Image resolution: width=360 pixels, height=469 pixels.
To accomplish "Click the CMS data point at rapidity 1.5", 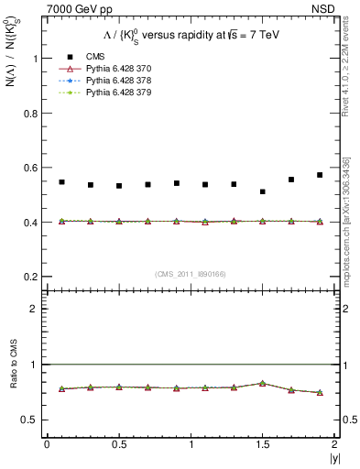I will pyautogui.click(x=263, y=191).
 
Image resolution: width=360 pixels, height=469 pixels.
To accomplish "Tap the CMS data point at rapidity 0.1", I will pyautogui.click(x=61, y=182).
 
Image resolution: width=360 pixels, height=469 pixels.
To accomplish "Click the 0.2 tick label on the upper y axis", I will pyautogui.click(x=37, y=277).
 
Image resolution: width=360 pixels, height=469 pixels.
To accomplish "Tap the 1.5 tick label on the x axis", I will pyautogui.click(x=262, y=444).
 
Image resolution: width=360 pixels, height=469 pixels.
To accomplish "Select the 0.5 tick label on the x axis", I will pyautogui.click(x=118, y=444).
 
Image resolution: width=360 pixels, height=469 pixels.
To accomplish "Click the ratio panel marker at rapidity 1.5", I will pyautogui.click(x=263, y=383).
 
